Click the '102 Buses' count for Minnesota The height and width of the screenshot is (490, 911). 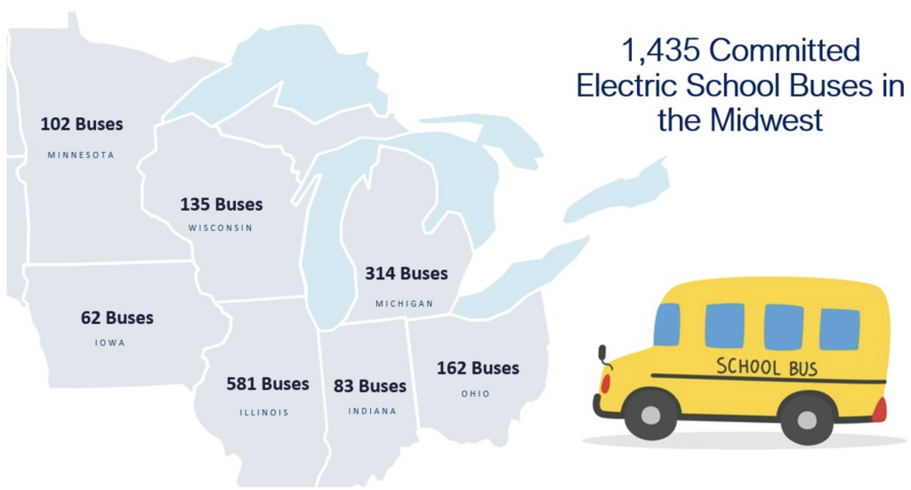pyautogui.click(x=82, y=125)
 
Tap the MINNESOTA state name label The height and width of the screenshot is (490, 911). pyautogui.click(x=81, y=155)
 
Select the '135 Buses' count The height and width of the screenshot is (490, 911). pyautogui.click(x=222, y=205)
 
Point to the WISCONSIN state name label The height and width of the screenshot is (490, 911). pyautogui.click(x=221, y=228)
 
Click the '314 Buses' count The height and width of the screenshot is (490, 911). pyautogui.click(x=407, y=274)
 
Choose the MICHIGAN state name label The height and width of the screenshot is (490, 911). pyautogui.click(x=404, y=303)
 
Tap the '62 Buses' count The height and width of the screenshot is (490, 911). pyautogui.click(x=117, y=317)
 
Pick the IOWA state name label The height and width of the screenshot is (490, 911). pyautogui.click(x=110, y=342)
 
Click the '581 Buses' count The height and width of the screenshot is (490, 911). pyautogui.click(x=268, y=384)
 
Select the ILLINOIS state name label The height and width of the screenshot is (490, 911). pyautogui.click(x=264, y=412)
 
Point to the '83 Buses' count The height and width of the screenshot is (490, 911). pyautogui.click(x=370, y=386)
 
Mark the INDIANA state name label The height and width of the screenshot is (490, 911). pyautogui.click(x=372, y=411)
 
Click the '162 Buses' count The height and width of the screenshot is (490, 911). pyautogui.click(x=478, y=368)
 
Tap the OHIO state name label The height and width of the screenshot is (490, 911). pyautogui.click(x=475, y=393)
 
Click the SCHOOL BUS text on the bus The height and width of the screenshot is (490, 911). pyautogui.click(x=766, y=365)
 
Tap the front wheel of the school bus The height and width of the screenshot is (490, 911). pyautogui.click(x=650, y=414)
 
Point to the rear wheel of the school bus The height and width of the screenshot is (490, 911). pyautogui.click(x=806, y=417)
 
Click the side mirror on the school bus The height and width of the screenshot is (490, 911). pyautogui.click(x=603, y=355)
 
